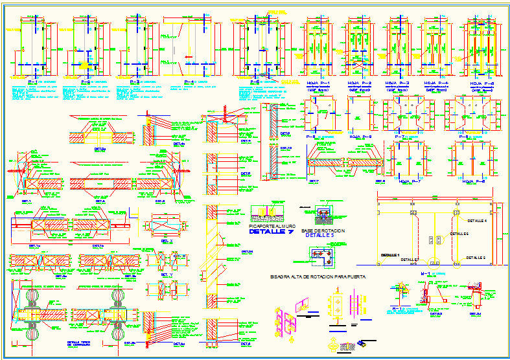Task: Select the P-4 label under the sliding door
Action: (189, 82)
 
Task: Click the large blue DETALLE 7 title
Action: (272, 231)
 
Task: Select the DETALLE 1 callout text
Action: (391, 254)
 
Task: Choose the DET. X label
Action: (166, 240)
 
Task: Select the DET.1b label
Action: (97, 247)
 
